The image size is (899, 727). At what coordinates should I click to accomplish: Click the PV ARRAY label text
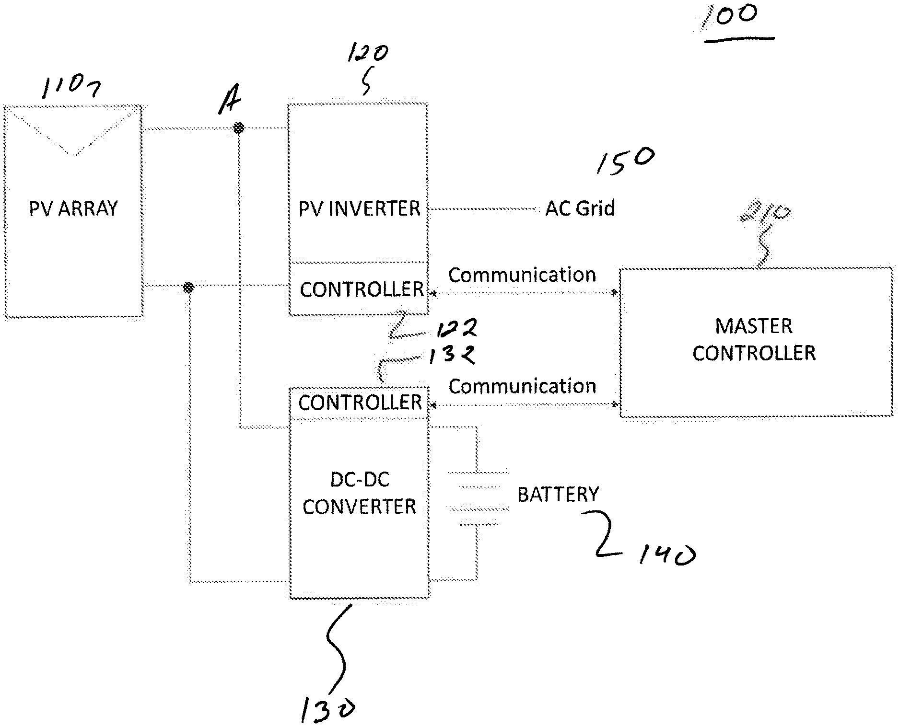tap(73, 209)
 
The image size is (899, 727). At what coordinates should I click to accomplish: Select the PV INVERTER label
tap(359, 209)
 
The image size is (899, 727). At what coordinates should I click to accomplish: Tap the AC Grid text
tap(580, 209)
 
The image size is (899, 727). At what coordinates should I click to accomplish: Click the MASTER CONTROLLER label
tap(754, 339)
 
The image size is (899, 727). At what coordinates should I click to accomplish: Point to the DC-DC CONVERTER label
tap(359, 493)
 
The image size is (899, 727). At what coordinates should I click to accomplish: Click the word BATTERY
tap(558, 495)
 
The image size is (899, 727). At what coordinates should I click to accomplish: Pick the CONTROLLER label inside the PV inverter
tap(362, 289)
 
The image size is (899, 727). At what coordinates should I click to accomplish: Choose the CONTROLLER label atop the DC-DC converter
tap(360, 403)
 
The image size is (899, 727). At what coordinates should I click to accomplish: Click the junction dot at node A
tap(238, 128)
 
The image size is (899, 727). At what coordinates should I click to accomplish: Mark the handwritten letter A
tap(230, 103)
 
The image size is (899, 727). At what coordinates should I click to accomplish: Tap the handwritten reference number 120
tap(367, 53)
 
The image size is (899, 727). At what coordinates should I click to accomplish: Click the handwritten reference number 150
tap(625, 161)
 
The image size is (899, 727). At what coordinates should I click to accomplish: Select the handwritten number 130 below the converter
tap(327, 709)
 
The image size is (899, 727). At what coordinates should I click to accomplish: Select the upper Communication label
tap(522, 275)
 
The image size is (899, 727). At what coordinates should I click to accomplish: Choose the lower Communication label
tap(522, 386)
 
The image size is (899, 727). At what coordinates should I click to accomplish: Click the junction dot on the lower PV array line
tap(189, 287)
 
